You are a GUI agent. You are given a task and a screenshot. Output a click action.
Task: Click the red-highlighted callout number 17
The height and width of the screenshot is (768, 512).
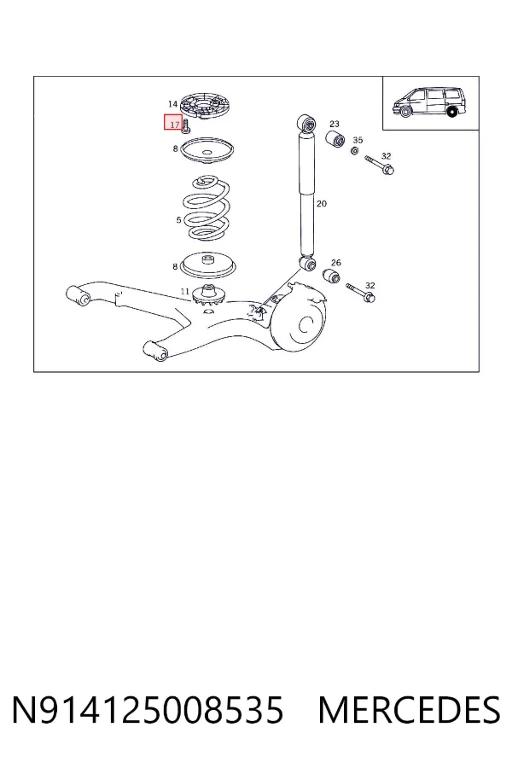point(174,125)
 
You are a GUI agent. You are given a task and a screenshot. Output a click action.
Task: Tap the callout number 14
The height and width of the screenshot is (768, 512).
point(172,104)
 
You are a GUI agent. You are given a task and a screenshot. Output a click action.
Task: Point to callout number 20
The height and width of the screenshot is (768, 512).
point(322,203)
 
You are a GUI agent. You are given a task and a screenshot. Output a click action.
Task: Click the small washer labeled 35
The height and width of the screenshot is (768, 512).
point(355,151)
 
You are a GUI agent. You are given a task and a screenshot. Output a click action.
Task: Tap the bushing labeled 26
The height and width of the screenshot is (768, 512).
point(332,276)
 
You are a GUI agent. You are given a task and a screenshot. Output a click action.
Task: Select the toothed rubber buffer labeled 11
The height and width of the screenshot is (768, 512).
point(209,296)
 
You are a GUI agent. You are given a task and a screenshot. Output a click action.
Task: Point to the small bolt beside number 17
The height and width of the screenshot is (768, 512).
point(186,126)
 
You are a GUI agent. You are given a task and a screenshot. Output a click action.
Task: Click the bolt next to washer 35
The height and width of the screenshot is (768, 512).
point(380,165)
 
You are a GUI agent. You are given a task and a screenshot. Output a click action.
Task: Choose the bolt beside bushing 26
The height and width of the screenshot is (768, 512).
point(361,293)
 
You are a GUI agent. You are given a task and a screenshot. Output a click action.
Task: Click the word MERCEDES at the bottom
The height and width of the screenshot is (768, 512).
point(409,710)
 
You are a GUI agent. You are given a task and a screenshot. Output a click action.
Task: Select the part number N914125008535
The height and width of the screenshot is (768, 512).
point(148,710)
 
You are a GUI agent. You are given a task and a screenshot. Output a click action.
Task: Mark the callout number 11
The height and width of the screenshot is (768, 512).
point(184,292)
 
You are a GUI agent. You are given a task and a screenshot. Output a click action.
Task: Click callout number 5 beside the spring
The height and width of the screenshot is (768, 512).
point(179,220)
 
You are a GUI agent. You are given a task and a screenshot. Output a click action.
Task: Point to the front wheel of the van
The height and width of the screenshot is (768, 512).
point(404,112)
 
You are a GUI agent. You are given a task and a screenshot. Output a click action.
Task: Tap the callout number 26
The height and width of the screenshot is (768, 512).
point(336,263)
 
